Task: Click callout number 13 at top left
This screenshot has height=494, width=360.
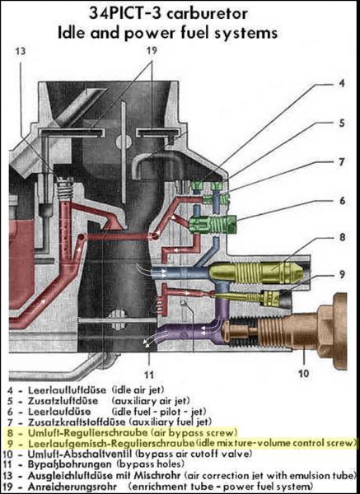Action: coord(20,51)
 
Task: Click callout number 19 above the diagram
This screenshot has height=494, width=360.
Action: coord(152,50)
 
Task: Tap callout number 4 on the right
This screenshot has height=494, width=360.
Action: coord(342,83)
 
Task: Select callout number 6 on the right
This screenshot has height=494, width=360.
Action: coord(342,201)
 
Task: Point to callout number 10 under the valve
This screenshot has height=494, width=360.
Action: coord(303,373)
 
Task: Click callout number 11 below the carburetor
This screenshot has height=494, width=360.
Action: coord(149,375)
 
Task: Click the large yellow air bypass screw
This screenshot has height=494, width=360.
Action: coord(255,272)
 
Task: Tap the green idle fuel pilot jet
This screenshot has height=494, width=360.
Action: coord(213,225)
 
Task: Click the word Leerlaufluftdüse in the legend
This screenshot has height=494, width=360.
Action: coord(68,390)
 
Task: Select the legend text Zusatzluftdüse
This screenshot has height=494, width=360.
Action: coord(63,401)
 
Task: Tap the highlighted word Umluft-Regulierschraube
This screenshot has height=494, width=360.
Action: coord(87,432)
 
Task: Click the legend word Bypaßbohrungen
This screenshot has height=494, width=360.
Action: coord(70,464)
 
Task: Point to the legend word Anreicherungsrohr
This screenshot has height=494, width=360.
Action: coord(72,486)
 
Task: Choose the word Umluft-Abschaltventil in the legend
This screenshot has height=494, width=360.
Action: coord(80,454)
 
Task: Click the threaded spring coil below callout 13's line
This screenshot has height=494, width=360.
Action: coord(65,189)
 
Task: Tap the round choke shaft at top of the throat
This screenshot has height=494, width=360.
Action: coord(124,142)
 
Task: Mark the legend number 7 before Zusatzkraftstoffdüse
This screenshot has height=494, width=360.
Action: coord(11,422)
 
